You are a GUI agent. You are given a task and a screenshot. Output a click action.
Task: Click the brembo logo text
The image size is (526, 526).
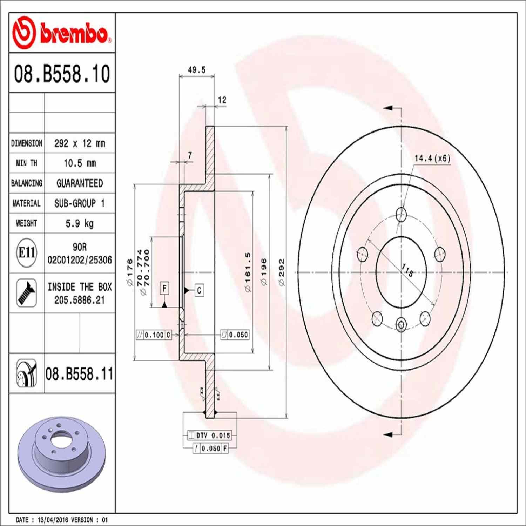point(74,34)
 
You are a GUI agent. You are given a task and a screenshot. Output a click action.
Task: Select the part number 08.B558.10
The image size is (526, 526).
point(62,74)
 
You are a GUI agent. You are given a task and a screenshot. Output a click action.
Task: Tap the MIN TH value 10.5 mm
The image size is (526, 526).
point(80,163)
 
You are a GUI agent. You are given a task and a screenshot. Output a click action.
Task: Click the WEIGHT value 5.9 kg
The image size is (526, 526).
point(80,223)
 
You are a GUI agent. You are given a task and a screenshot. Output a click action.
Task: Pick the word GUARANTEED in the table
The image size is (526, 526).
point(80,183)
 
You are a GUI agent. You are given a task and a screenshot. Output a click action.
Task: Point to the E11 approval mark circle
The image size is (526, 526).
point(27,252)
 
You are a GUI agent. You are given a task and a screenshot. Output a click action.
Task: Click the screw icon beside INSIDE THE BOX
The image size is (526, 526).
point(27,293)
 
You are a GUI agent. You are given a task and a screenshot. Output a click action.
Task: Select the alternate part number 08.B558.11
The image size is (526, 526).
point(79,374)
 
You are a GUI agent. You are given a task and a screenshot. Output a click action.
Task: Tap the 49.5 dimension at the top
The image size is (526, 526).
point(196,70)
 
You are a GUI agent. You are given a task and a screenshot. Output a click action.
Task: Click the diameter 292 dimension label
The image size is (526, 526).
point(282,272)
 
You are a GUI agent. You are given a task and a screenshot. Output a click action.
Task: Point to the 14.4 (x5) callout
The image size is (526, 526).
point(432,158)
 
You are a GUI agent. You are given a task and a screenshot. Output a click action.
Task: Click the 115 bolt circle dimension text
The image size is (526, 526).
point(407,270)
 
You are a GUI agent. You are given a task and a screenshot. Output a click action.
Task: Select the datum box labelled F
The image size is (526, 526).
point(164,288)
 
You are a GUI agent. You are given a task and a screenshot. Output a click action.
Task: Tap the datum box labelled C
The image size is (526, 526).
point(199,290)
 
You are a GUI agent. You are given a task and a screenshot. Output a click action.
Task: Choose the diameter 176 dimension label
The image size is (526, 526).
point(130,273)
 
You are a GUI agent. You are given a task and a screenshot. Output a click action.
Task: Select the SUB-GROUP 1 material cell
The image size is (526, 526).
point(80,203)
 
